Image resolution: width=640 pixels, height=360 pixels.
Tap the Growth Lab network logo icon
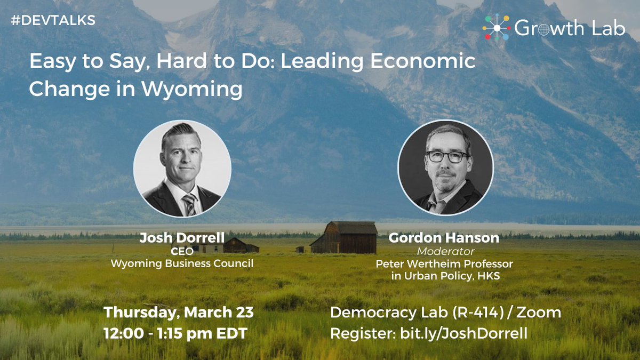point(495,28)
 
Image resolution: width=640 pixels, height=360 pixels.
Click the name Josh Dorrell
point(182,238)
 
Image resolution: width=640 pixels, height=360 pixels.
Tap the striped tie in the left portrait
point(189,204)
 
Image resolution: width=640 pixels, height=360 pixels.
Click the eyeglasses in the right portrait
point(446,157)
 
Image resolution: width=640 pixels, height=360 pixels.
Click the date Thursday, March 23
point(179,311)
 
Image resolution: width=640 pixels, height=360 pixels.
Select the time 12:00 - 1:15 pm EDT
point(175,334)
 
